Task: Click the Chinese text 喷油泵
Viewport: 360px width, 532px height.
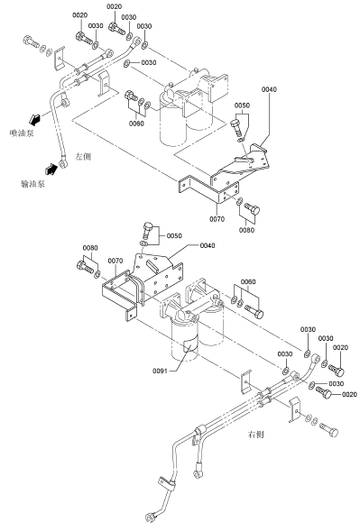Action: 22,133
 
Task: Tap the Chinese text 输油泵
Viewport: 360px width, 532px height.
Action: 32,184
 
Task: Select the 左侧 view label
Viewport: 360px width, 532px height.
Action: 83,156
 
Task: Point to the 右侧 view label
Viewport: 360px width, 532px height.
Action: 255,435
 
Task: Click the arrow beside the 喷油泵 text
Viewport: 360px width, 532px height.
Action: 34,119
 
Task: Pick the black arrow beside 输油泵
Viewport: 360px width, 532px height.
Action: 51,169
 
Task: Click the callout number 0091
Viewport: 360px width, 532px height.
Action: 160,371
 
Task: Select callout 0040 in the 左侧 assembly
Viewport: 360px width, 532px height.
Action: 269,89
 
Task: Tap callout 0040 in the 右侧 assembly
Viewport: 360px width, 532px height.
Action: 208,245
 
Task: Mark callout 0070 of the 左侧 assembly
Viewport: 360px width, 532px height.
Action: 217,219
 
